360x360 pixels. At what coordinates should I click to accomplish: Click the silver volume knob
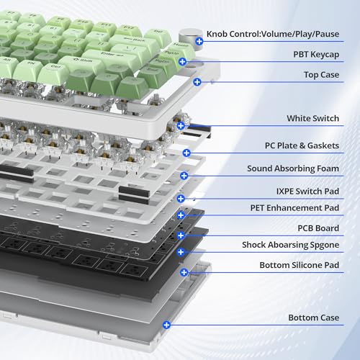tap(189, 38)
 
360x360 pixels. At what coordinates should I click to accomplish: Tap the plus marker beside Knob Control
tap(199, 41)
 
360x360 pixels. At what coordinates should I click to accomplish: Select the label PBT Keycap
tap(316, 55)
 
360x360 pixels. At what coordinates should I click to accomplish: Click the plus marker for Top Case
tap(197, 82)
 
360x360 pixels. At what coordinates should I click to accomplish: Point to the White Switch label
tap(312, 118)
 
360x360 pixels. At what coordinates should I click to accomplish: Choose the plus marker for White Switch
tap(181, 125)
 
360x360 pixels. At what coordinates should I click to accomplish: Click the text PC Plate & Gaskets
tap(302, 145)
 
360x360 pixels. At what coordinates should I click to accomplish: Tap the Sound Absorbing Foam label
tap(293, 168)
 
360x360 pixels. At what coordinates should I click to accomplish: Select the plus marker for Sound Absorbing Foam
tap(184, 176)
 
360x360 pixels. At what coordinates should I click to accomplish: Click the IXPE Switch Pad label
tap(307, 192)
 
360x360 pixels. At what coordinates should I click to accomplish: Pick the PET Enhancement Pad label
tap(294, 208)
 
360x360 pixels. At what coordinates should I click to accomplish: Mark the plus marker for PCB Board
tap(181, 235)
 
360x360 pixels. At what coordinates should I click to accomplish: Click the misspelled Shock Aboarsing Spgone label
tap(290, 245)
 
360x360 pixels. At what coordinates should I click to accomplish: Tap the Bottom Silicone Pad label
tap(300, 265)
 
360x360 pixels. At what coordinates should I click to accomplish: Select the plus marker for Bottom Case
tap(166, 325)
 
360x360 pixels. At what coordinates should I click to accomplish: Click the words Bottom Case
tap(314, 318)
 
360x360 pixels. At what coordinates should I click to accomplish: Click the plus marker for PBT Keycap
tap(182, 62)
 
